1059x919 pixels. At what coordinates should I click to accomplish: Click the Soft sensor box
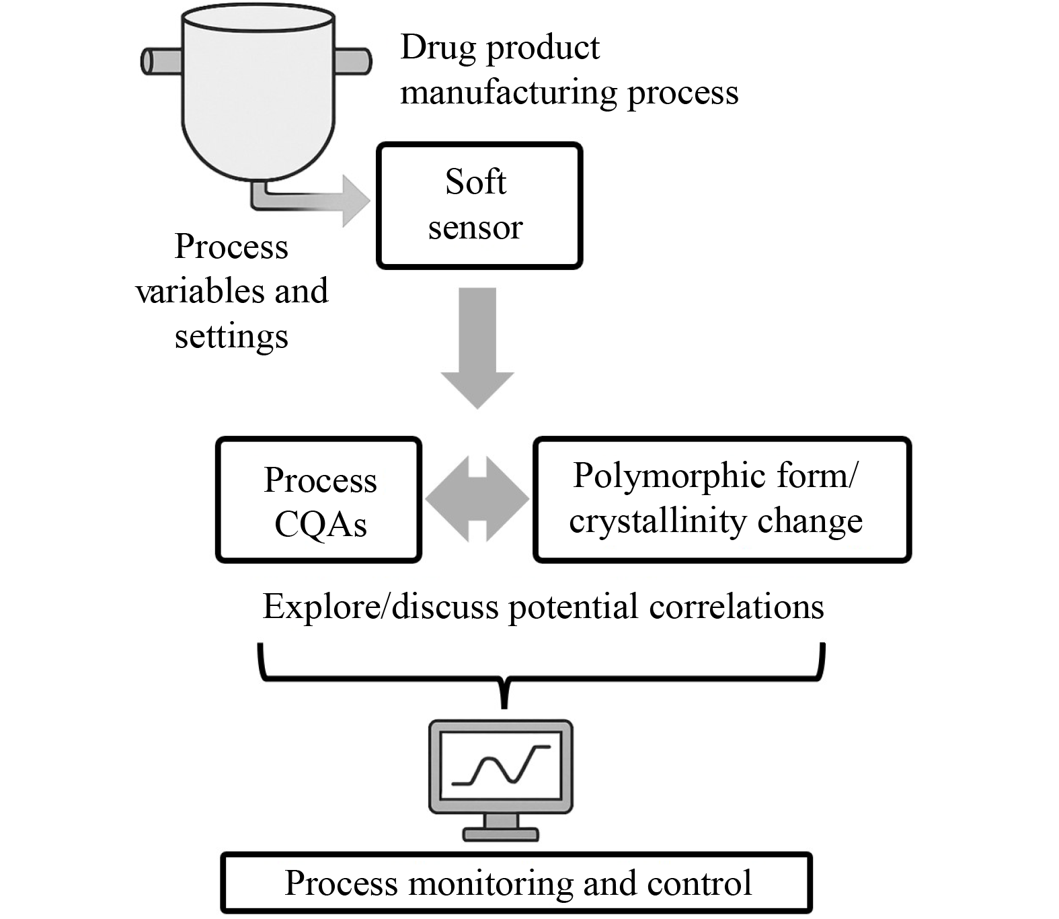coord(479,206)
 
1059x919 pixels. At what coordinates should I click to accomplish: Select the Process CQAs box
coord(319,500)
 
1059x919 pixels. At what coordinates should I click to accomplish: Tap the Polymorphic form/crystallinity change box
coord(721,500)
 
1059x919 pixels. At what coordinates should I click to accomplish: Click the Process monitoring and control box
coord(516,883)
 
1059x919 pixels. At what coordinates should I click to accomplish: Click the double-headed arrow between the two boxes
coord(477,499)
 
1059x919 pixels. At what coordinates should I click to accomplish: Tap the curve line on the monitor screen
coord(501,766)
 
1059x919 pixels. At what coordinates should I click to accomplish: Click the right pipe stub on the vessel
coord(353,60)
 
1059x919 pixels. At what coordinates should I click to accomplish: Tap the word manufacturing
coord(508,93)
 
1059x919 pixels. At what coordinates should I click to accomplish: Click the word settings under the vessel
coord(231,336)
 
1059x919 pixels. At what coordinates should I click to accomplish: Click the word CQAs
coord(321,525)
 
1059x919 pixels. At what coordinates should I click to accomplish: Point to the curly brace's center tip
coord(504,704)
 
